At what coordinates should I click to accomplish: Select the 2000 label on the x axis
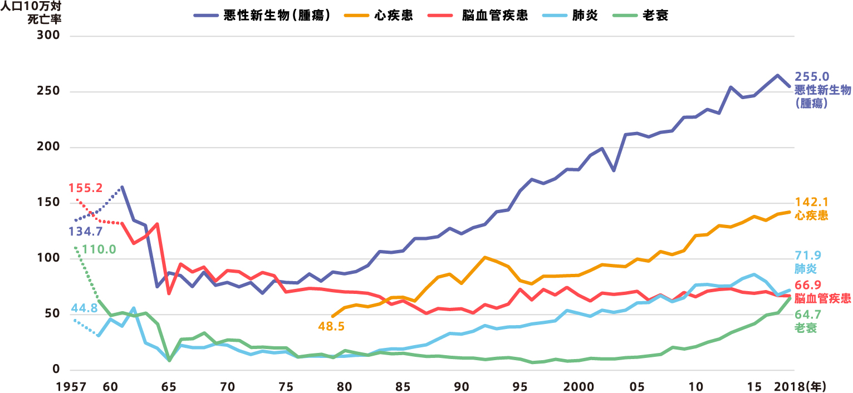(579, 386)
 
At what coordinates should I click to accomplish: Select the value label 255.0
(812, 77)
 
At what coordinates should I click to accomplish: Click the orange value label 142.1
(811, 203)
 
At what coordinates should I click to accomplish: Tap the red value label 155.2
(86, 188)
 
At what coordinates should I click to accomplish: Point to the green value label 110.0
(99, 249)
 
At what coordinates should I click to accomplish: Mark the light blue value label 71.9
(808, 256)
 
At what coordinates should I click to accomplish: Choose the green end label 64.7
(808, 315)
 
